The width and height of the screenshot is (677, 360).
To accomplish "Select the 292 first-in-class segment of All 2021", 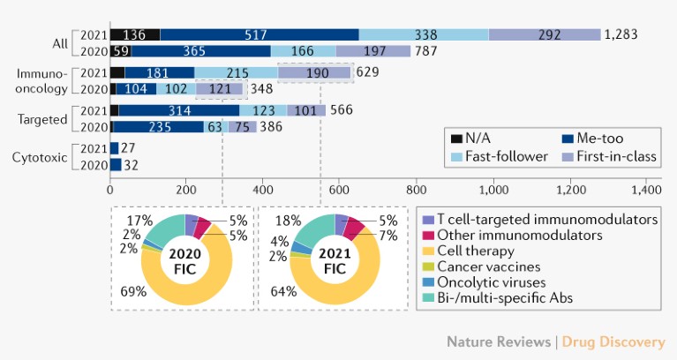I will [544, 34].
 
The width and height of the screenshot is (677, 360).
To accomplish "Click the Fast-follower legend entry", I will [491, 157].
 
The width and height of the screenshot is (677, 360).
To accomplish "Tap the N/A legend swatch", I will [455, 139].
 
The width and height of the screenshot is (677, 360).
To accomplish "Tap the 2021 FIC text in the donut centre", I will [336, 262].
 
